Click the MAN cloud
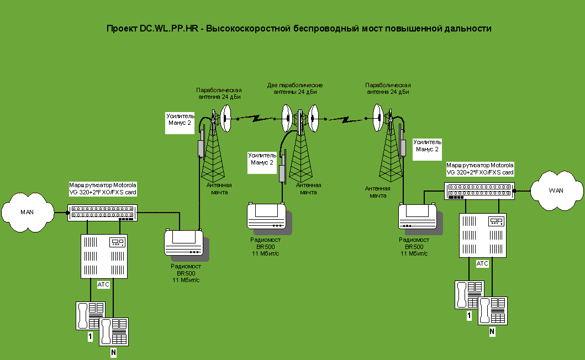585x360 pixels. [27, 212]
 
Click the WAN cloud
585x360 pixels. [556, 190]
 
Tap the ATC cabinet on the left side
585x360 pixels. [104, 256]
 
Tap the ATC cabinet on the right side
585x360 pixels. [482, 235]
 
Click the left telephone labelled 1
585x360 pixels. [89, 315]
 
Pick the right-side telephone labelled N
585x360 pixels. [493, 311]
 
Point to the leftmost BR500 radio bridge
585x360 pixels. [184, 244]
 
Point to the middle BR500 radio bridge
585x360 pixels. [267, 216]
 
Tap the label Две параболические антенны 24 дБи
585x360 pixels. [295, 89]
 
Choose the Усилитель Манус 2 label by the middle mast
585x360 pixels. [262, 159]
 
